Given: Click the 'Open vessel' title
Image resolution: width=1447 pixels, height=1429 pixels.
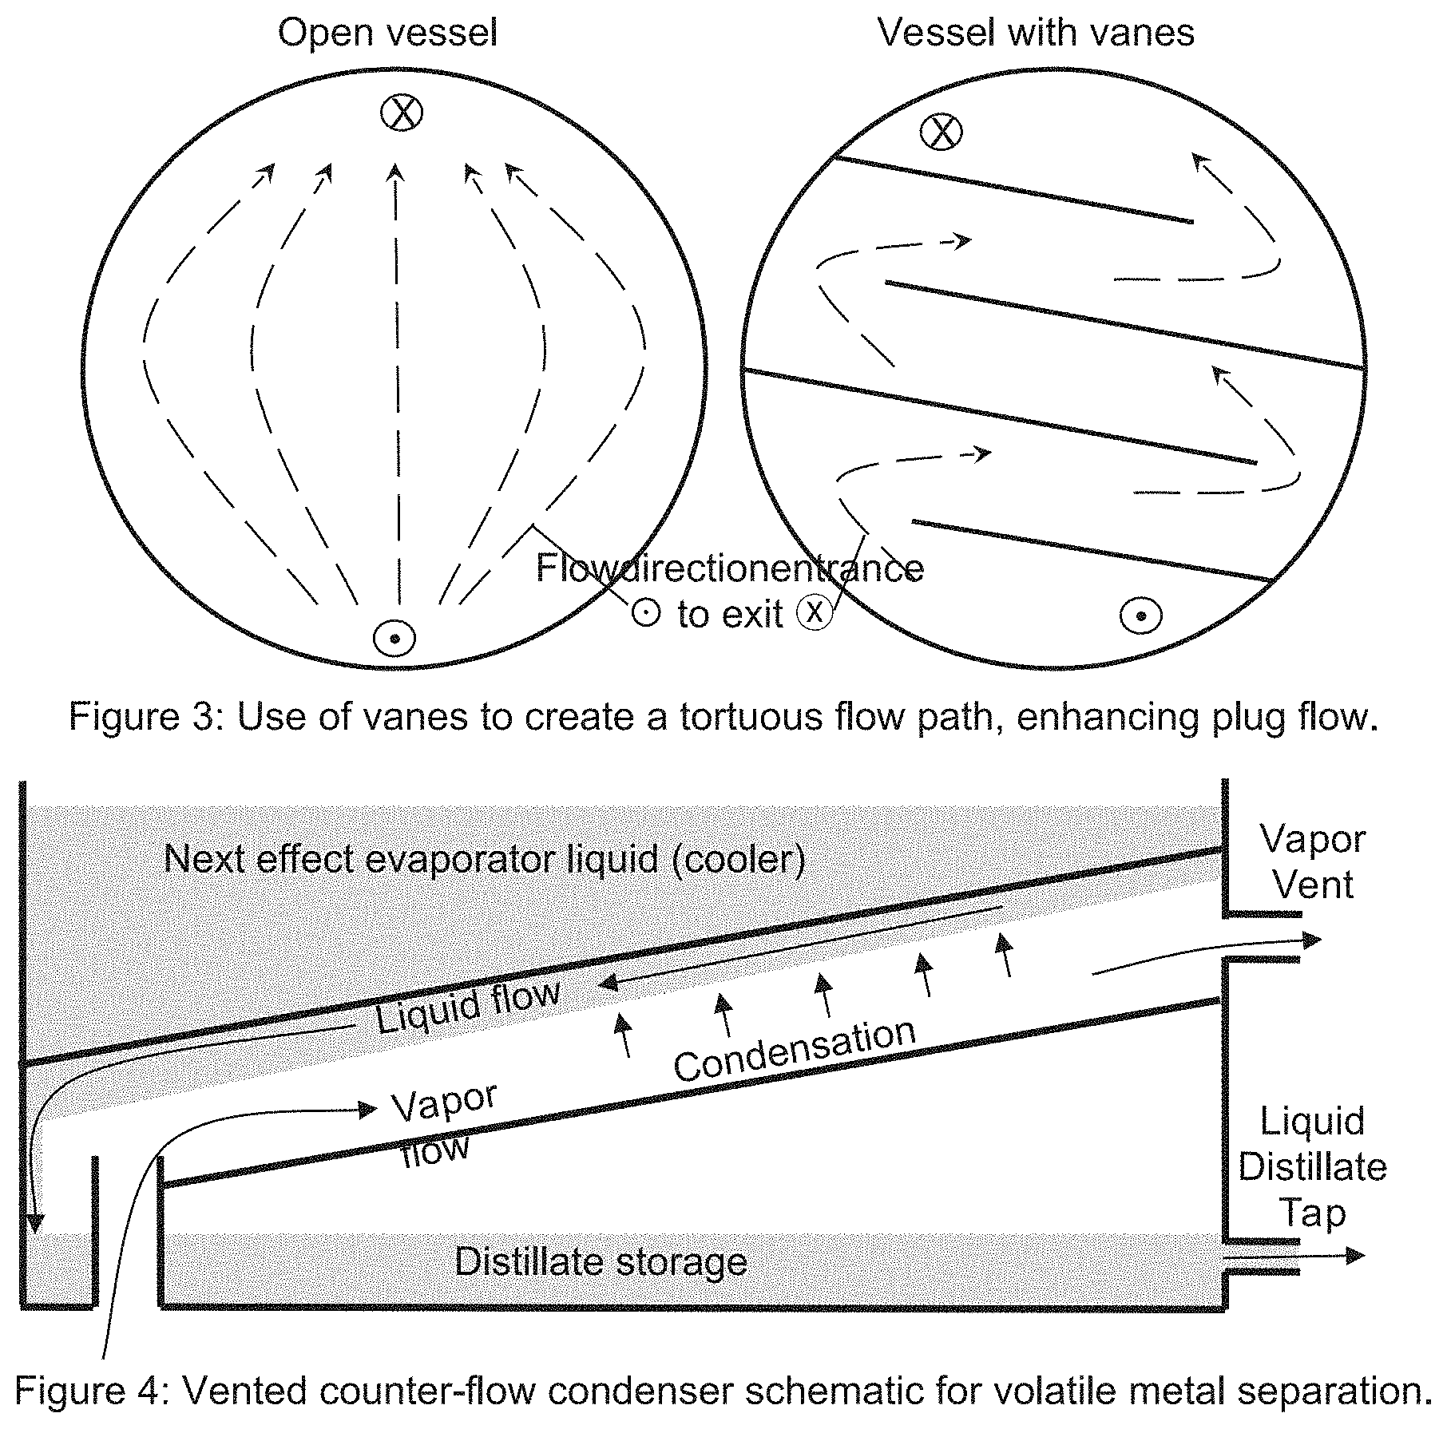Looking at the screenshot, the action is tap(387, 34).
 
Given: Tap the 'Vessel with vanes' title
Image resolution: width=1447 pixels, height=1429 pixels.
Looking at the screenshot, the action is tap(1036, 34).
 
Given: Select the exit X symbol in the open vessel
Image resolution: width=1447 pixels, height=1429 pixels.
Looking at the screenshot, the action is tap(401, 113).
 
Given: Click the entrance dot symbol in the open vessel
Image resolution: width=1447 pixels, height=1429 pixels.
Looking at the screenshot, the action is tap(394, 639).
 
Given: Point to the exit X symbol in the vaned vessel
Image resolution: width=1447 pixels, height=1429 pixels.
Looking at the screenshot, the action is tap(942, 132).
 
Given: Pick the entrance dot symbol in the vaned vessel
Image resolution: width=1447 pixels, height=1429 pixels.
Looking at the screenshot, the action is tap(1141, 616).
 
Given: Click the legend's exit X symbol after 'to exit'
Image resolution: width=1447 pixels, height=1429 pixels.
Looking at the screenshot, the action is tap(815, 613).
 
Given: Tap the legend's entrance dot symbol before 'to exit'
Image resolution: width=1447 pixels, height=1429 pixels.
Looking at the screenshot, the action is tap(645, 613).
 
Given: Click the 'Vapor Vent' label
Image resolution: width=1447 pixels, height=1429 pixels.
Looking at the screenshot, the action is tap(1313, 861).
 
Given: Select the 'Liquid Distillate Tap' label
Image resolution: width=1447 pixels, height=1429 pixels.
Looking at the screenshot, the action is tap(1313, 1166).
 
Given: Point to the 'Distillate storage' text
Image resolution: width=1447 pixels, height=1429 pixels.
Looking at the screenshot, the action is tap(601, 1262).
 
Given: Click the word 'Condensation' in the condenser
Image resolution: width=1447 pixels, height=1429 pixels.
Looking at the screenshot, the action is tap(795, 1051).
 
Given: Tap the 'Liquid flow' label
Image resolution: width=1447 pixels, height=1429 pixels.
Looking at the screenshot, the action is tap(468, 1007).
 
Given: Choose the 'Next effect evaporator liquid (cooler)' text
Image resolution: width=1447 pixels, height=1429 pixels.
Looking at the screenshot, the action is tap(485, 860).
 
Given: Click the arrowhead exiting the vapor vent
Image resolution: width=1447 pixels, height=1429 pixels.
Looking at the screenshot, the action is tap(1311, 940).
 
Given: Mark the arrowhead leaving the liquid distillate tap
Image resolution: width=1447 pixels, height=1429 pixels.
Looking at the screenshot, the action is tap(1355, 1256).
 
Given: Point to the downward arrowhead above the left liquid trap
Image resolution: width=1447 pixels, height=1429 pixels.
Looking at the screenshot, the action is tap(34, 1224).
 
